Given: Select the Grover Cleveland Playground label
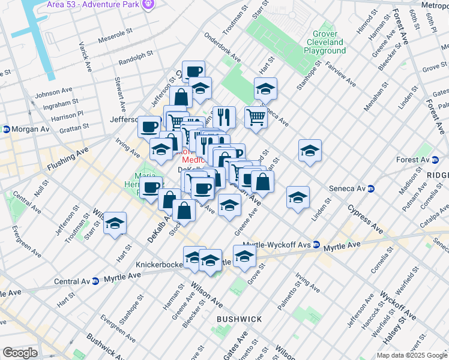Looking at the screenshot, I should [325, 43].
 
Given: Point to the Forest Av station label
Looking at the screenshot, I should [419, 160].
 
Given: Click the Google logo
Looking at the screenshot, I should [20, 353].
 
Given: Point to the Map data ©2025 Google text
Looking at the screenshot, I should [411, 355].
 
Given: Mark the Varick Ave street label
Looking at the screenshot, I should [85, 57].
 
